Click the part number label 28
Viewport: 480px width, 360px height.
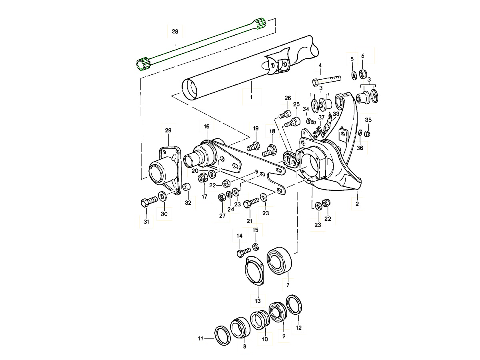(x=175, y=31)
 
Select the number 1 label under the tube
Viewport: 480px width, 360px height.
(x=251, y=97)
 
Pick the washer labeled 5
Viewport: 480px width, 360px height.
(x=363, y=74)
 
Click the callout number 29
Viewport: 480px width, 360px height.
(x=168, y=130)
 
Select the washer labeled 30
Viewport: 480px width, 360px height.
(x=163, y=196)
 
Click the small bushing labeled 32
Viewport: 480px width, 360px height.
(x=186, y=187)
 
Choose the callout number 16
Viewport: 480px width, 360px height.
(x=206, y=126)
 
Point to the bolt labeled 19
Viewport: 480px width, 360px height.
(x=254, y=146)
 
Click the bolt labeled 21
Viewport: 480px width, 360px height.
(x=250, y=203)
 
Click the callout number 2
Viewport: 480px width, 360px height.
(x=357, y=204)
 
